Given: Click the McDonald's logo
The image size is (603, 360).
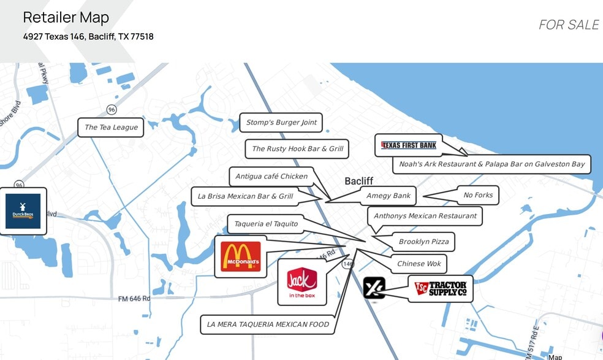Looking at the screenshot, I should click(x=241, y=256).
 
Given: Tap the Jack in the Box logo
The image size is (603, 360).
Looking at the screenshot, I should click(x=301, y=282).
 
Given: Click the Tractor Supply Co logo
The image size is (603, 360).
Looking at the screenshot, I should click(x=441, y=289).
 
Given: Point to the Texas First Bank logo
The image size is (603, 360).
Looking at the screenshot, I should click(x=409, y=145).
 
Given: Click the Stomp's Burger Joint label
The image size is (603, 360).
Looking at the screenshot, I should click(x=281, y=123).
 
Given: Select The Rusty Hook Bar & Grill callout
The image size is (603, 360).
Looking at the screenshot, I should click(x=297, y=148).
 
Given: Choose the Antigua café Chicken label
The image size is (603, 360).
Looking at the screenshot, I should click(x=271, y=177).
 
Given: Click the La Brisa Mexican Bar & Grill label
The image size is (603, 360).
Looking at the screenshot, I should click(x=245, y=196).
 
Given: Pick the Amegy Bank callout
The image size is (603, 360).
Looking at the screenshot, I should click(x=389, y=196).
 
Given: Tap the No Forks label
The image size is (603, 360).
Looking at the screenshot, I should click(x=478, y=195).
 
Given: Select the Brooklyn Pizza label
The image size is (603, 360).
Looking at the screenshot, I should click(x=423, y=242).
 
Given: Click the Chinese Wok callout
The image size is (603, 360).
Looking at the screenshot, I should click(x=419, y=264).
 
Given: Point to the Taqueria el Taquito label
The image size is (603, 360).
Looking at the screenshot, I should click(x=266, y=224).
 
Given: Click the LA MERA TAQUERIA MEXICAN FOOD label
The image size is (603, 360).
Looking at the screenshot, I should click(x=268, y=324).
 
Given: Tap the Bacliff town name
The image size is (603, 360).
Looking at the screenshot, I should click(x=358, y=181).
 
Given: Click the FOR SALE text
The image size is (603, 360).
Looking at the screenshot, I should click(x=568, y=25).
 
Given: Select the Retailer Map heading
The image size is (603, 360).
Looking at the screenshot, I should click(x=66, y=17).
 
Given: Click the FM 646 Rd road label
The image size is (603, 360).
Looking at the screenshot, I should click(x=134, y=299).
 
